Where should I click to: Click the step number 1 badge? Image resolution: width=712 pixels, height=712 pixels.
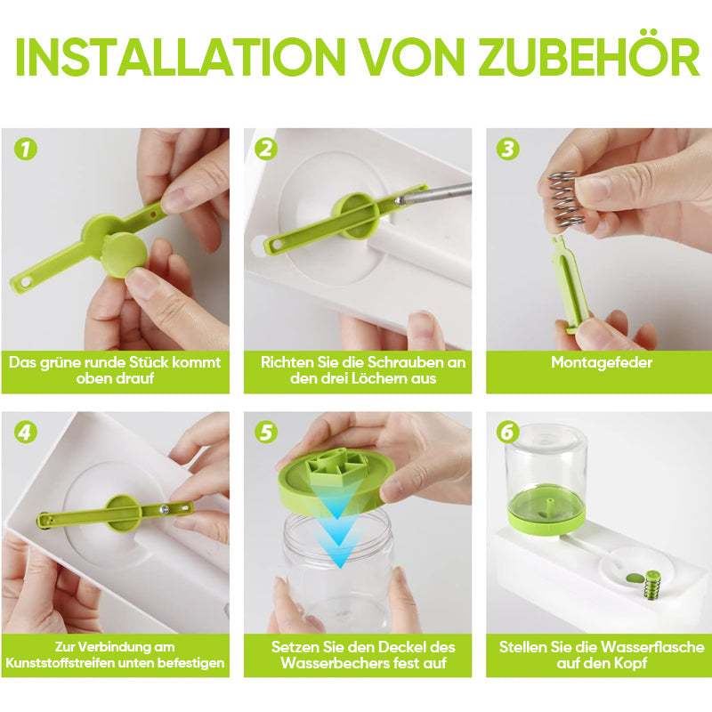26,149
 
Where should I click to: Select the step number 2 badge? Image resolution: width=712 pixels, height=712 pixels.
266,149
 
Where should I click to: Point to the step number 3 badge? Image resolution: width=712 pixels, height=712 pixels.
507,149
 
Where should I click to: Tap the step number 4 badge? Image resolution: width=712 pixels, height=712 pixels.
26,432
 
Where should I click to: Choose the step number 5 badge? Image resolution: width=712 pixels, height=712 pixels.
266,432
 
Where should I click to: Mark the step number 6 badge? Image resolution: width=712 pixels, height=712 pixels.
507,432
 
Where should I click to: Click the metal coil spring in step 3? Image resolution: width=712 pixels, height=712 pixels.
565,198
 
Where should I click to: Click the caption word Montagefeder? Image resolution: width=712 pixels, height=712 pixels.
602,362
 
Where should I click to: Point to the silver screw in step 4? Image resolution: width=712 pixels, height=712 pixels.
164,510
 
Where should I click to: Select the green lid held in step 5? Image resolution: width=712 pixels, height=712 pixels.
336,481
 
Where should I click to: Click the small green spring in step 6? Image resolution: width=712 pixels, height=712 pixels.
652,586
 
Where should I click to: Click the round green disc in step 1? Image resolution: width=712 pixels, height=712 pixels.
124,255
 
